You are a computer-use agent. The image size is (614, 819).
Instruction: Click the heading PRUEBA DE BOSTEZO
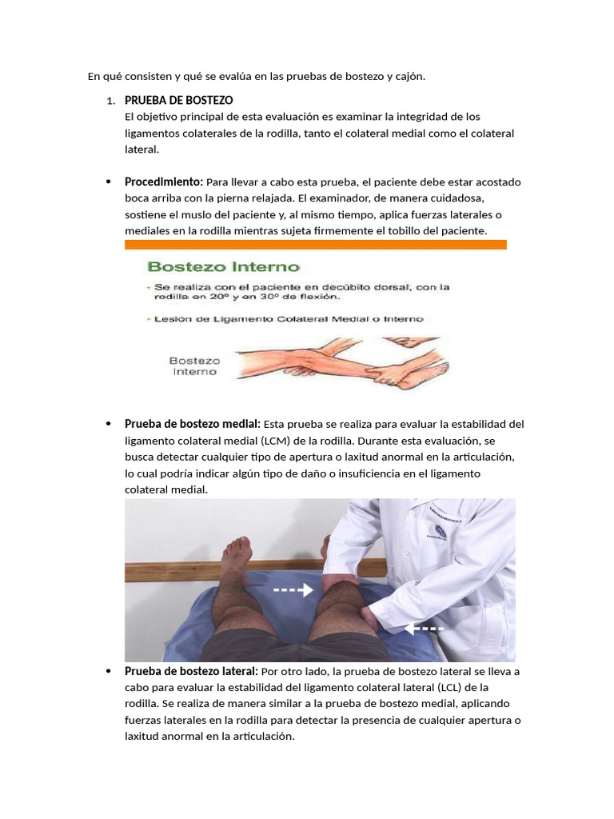pyautogui.click(x=178, y=101)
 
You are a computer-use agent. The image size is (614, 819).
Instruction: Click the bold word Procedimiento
pyautogui.click(x=163, y=182)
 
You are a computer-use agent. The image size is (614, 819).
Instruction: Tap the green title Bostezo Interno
pyautogui.click(x=222, y=266)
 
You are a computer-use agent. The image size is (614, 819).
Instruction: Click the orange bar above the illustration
pyautogui.click(x=315, y=245)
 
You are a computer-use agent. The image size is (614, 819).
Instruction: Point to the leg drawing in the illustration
pyautogui.click(x=336, y=359)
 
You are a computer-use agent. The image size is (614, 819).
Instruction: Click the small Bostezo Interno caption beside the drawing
pyautogui.click(x=196, y=366)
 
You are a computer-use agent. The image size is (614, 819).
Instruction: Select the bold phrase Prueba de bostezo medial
pyautogui.click(x=192, y=424)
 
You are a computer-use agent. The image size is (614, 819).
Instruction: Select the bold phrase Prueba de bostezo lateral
pyautogui.click(x=190, y=672)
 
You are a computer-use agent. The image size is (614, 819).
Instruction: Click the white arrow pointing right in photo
pyautogui.click(x=293, y=591)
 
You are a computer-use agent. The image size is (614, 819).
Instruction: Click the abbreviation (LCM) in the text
pyautogui.click(x=272, y=441)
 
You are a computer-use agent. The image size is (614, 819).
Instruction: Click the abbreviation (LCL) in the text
pyautogui.click(x=451, y=688)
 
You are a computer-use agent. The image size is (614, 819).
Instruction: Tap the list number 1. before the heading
pyautogui.click(x=110, y=102)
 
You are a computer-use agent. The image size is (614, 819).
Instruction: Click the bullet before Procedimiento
pyautogui.click(x=107, y=182)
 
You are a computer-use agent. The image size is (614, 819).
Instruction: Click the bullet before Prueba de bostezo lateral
pyautogui.click(x=107, y=672)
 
